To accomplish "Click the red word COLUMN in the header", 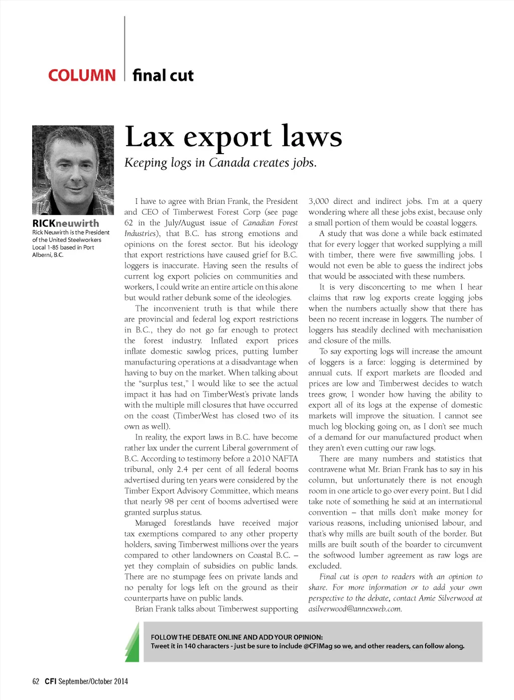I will [x=82, y=75].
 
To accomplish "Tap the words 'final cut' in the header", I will [x=163, y=75].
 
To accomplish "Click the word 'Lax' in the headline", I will [x=149, y=137].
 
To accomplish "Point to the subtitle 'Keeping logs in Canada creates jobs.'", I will [x=220, y=163].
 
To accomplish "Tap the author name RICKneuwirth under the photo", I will [x=66, y=223].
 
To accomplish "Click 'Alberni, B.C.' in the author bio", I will [x=48, y=255].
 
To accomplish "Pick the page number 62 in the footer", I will [x=36, y=681].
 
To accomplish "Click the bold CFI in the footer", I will [x=50, y=681].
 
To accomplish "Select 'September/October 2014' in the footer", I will [x=93, y=681].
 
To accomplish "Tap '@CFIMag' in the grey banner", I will [x=318, y=646].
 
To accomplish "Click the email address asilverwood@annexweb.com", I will [x=355, y=609].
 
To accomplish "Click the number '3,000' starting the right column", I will [x=319, y=201].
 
